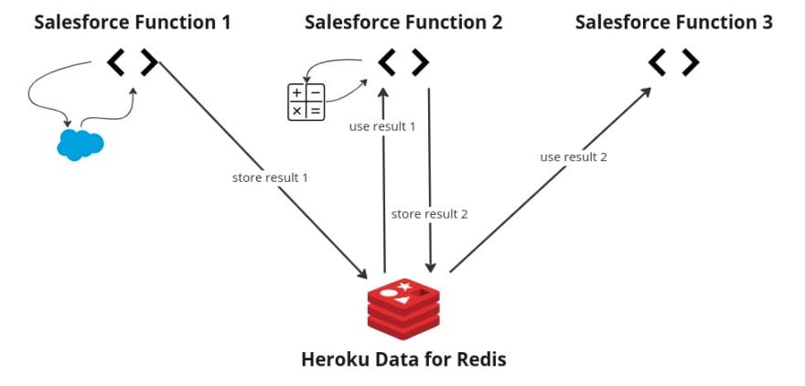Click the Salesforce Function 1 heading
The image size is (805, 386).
tap(132, 22)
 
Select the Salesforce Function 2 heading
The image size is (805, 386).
tap(403, 22)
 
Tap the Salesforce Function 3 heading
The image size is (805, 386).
tap(673, 22)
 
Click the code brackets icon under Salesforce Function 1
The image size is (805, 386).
tap(132, 62)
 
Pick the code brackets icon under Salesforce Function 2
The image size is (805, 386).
tap(403, 62)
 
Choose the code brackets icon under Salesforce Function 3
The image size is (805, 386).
tap(673, 62)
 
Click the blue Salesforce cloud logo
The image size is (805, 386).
tap(80, 144)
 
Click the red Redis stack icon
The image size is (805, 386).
tap(403, 306)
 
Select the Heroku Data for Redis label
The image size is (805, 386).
tap(403, 359)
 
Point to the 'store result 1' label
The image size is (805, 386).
tap(270, 177)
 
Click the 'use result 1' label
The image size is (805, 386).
tap(382, 126)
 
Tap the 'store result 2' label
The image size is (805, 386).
tap(429, 213)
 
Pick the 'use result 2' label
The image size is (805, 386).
tap(574, 156)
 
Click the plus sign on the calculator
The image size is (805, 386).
tap(297, 93)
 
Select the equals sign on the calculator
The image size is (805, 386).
tap(316, 111)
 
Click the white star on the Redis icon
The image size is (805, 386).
tap(404, 288)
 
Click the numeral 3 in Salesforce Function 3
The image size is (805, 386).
tap(766, 22)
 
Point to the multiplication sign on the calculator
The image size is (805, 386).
tap(297, 111)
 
